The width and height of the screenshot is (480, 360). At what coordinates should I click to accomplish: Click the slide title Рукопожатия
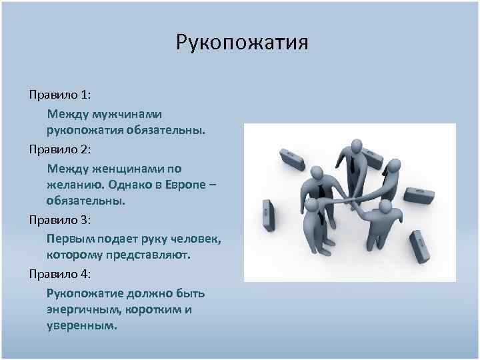[x=242, y=44]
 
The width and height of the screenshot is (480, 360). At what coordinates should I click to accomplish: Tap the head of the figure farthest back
[x=355, y=146]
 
